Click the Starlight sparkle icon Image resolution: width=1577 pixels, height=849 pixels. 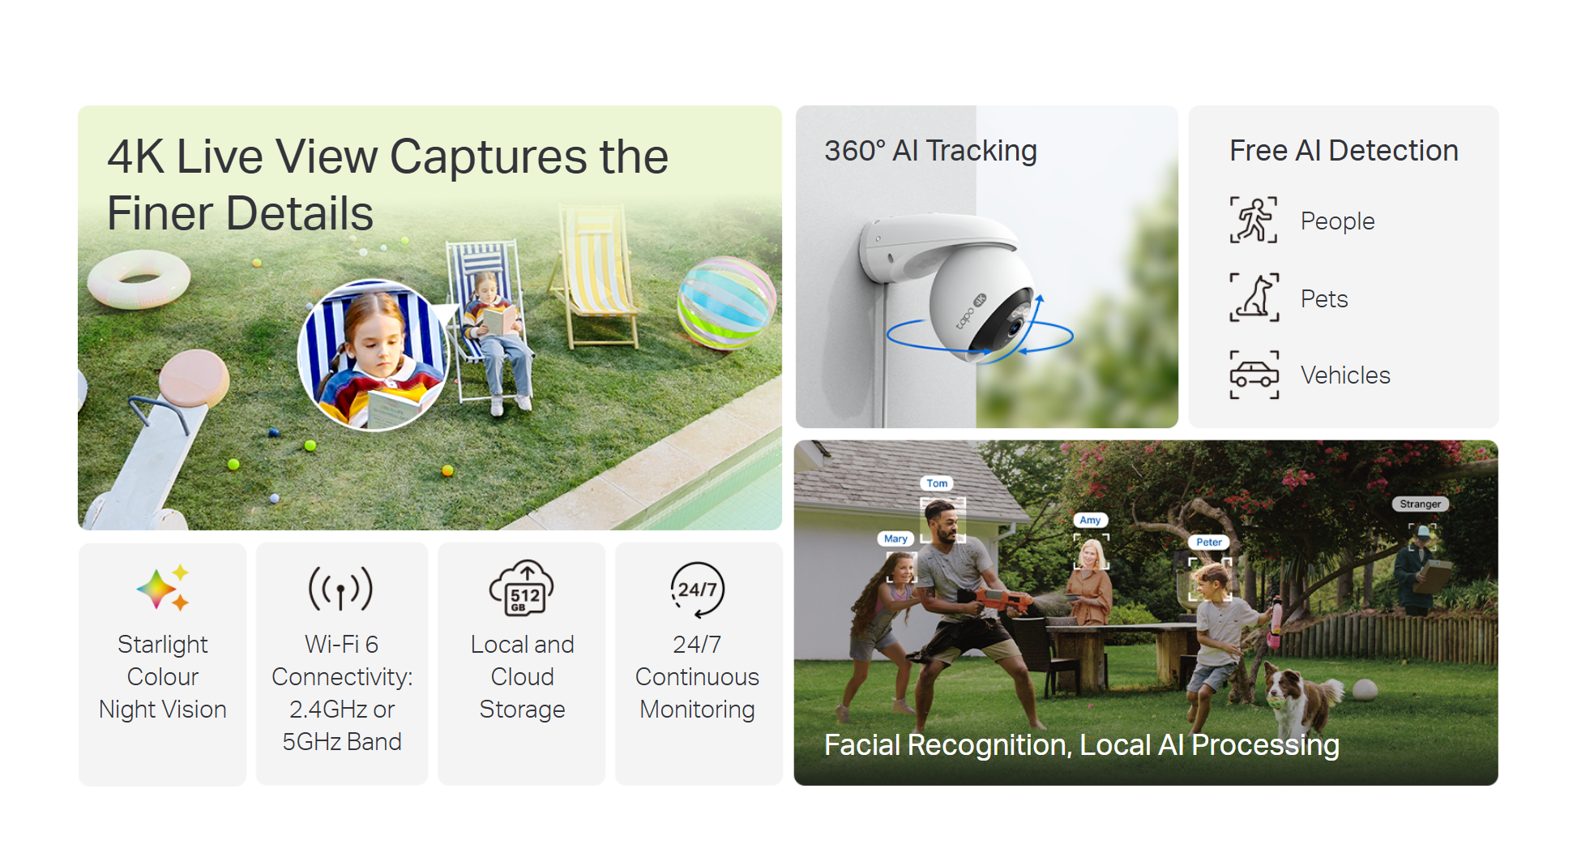coord(163,588)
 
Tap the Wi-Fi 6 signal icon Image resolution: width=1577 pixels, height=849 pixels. coord(341,588)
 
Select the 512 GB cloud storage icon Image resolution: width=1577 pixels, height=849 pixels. coord(522,588)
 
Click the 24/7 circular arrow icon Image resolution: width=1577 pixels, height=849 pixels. coord(697,590)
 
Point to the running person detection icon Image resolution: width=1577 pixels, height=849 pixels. coord(1254,220)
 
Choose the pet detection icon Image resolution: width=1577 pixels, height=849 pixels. coord(1254,298)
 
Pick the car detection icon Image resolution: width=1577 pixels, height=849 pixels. coord(1254,375)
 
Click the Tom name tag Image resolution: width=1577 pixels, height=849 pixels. coord(937,483)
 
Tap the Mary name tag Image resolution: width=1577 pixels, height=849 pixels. coord(895,538)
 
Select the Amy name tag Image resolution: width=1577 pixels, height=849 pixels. coord(1090,520)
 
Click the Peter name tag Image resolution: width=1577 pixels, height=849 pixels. coord(1209,542)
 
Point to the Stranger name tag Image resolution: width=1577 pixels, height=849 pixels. coord(1421,504)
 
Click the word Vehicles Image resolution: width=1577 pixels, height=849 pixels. coord(1345,375)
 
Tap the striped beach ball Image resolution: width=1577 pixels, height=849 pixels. coord(726,302)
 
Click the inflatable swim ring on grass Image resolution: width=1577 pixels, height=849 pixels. coord(138,278)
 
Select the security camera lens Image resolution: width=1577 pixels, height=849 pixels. coord(1014,328)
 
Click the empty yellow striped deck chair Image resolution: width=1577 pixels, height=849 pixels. coord(596,276)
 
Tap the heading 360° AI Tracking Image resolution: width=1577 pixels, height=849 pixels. coord(930,151)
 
